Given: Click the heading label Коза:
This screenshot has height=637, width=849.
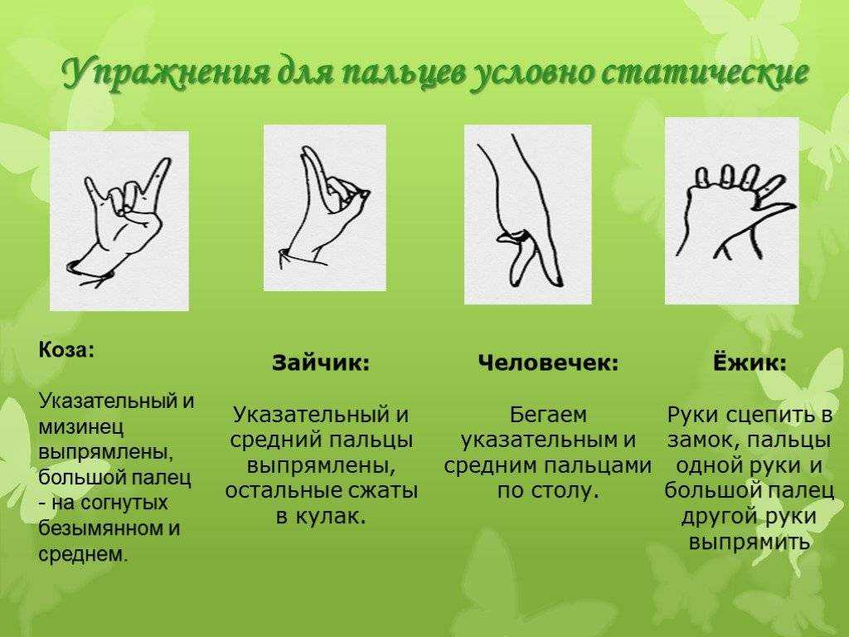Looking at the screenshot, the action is click(x=66, y=351).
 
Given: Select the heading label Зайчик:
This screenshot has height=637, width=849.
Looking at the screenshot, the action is click(x=321, y=362).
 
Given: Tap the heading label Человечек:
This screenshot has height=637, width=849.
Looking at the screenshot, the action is click(x=548, y=362).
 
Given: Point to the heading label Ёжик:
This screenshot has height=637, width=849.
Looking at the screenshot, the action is click(x=750, y=362).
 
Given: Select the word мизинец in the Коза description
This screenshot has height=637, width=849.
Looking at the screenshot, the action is click(x=81, y=427).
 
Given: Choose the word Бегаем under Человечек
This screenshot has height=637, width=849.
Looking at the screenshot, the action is click(x=548, y=415).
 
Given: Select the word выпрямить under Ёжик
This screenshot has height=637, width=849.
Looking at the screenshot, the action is click(x=750, y=542).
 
